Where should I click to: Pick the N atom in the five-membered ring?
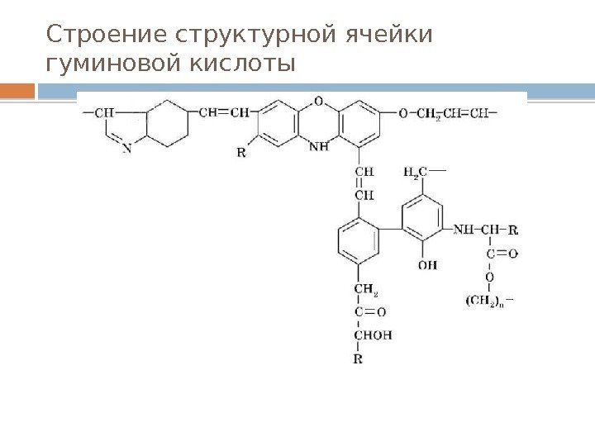(126, 149)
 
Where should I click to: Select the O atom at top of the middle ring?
(319, 102)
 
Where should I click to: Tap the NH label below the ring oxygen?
(319, 148)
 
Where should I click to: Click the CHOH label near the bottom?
(372, 335)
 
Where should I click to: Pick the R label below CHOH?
(357, 359)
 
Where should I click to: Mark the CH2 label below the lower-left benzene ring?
(366, 288)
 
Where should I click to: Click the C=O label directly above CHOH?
(369, 312)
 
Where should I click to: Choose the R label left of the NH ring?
(240, 152)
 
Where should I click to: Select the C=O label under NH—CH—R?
(501, 254)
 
